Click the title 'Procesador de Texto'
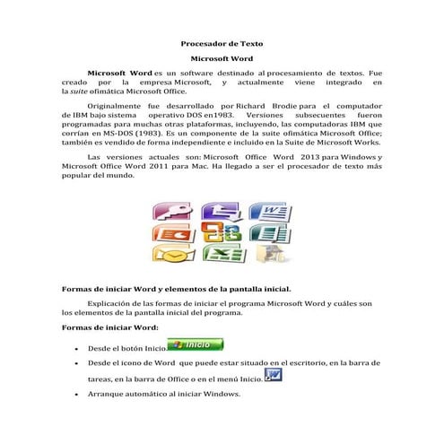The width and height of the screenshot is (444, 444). pos(222,43)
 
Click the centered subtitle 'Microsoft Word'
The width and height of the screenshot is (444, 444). pos(222,57)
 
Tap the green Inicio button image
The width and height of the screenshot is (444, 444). pos(196,344)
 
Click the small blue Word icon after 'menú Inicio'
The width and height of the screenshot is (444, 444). pos(274,374)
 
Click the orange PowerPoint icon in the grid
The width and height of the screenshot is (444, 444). pos(169,233)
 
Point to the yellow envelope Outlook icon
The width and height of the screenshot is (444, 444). pos(168,254)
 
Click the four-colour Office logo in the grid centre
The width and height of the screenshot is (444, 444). pos(217,232)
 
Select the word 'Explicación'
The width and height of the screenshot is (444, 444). pos(113,303)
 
